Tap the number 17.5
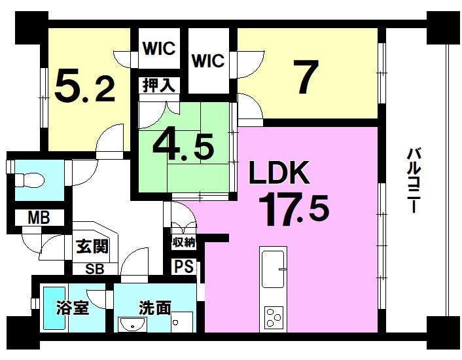(x=293, y=208)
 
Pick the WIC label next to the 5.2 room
(x=158, y=48)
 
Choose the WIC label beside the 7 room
(x=208, y=61)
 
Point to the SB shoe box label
(x=94, y=268)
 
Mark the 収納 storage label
(x=184, y=242)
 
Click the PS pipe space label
(x=183, y=267)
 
